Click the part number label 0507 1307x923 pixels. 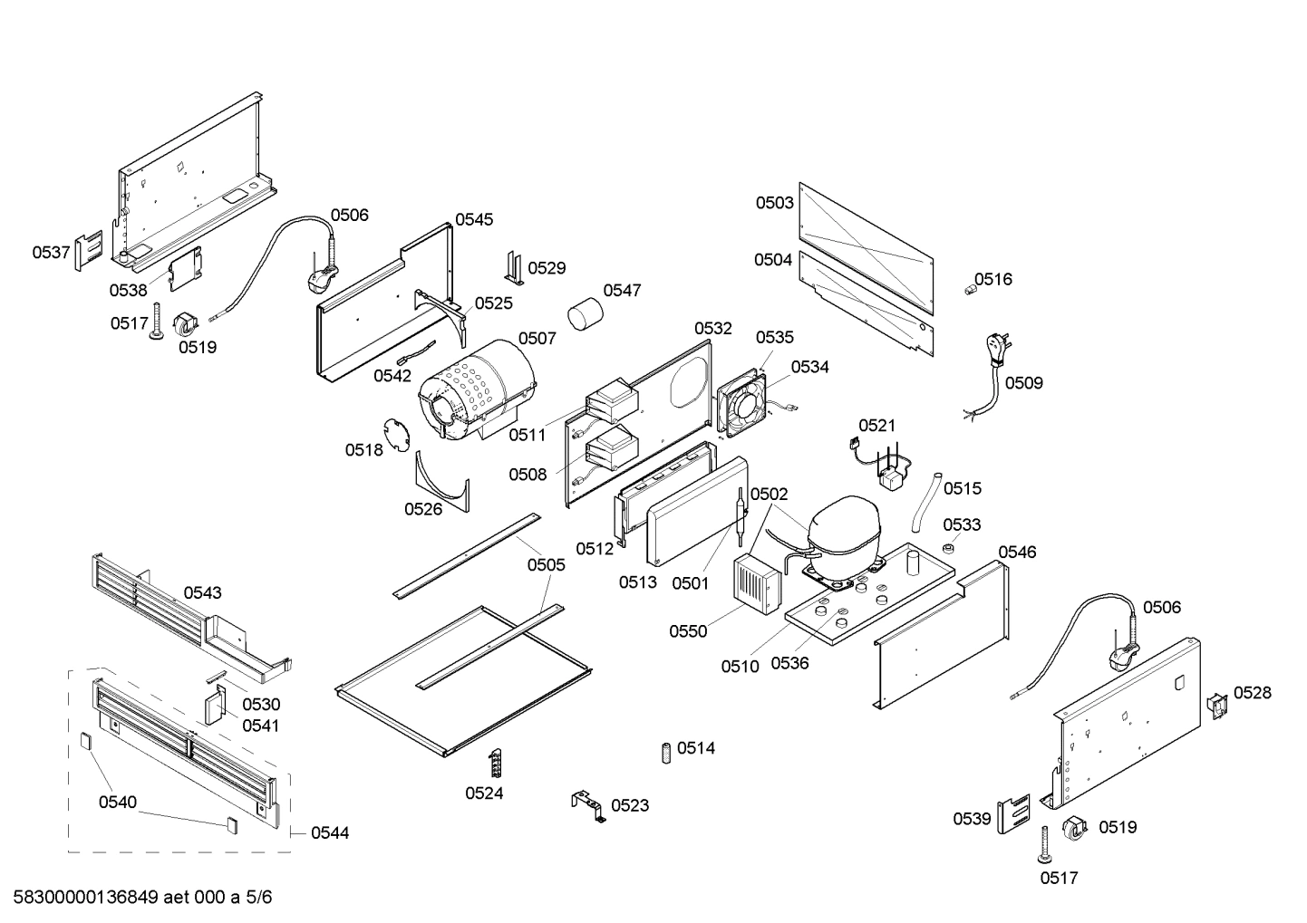(537, 338)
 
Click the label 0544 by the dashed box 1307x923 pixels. (329, 832)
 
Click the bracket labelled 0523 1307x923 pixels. (587, 805)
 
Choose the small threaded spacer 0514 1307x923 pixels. (665, 751)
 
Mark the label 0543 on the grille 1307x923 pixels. (203, 592)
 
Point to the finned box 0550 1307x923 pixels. (756, 584)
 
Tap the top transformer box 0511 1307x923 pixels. (612, 399)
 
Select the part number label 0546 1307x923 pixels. (1017, 552)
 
